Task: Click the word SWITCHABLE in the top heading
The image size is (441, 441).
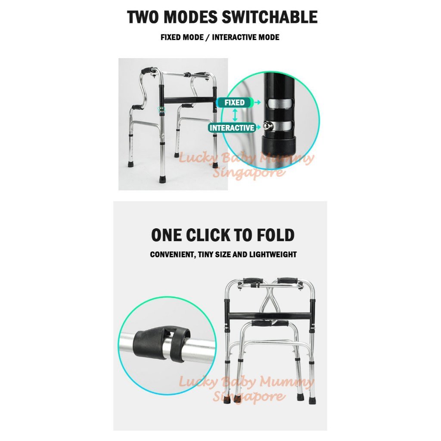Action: [x=270, y=17]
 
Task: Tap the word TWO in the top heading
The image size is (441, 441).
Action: [x=143, y=17]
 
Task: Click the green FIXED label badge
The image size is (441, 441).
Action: [x=235, y=102]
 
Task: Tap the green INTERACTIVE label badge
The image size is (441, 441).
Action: [x=232, y=127]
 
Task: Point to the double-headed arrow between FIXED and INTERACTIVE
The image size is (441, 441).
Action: [x=235, y=115]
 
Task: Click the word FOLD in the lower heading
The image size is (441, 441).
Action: [x=275, y=235]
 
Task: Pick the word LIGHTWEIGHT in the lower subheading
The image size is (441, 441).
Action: [x=269, y=255]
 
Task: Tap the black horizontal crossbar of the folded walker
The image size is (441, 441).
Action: [x=269, y=316]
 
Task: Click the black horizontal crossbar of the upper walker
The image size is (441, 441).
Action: [x=189, y=100]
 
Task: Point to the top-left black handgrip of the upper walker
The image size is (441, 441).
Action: [x=147, y=70]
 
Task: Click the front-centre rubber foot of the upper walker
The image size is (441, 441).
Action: [x=162, y=179]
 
